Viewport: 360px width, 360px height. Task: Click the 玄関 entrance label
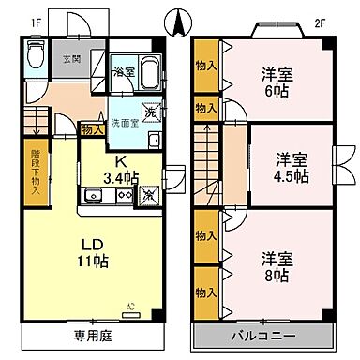(71, 60)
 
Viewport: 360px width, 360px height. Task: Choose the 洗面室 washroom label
(125, 123)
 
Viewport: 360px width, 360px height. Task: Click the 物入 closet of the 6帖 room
(205, 67)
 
